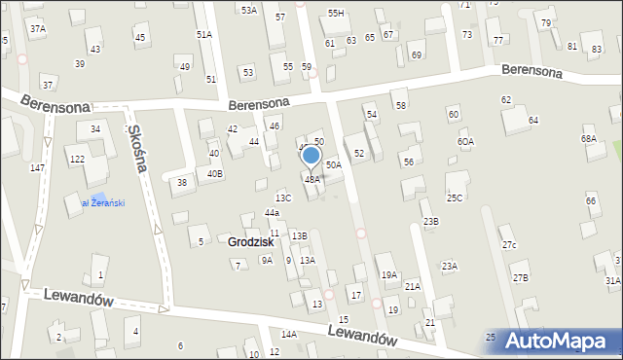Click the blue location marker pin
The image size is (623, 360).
point(311,155)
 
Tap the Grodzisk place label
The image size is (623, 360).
point(250,241)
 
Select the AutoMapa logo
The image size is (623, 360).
point(561,342)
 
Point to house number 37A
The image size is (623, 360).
point(37,29)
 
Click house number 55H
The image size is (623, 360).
point(336,13)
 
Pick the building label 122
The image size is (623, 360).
point(76,159)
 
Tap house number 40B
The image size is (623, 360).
point(214,173)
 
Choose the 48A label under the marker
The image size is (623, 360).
point(311,179)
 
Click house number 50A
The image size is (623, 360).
point(333,165)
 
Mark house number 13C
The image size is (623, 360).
point(282,198)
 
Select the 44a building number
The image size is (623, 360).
point(272,213)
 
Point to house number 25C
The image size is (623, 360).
point(455,198)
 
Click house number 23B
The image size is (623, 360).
point(430,222)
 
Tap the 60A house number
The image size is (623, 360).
point(465,142)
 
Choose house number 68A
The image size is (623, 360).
point(588,139)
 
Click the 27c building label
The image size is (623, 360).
point(508,245)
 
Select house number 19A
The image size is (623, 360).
point(388,275)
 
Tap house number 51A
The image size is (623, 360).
point(203,34)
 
